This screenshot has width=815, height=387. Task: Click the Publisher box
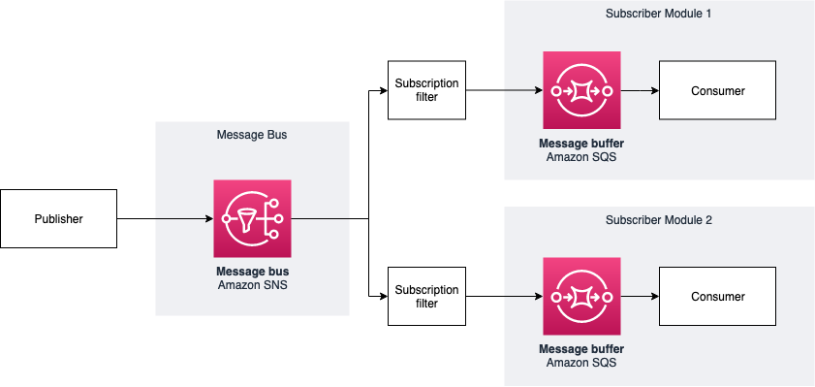tap(58, 218)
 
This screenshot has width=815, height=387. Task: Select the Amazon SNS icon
tap(252, 218)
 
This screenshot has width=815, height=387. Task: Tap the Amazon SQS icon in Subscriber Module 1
tap(581, 91)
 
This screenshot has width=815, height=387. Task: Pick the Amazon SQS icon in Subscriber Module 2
tap(581, 296)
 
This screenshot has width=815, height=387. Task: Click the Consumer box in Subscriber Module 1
tap(717, 91)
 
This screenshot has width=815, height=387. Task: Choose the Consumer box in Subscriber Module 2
tap(717, 296)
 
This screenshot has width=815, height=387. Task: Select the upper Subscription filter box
tap(426, 91)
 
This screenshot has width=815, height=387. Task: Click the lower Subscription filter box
tap(426, 296)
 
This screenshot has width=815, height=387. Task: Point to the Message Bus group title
tap(252, 135)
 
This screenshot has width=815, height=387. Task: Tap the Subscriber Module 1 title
tap(658, 15)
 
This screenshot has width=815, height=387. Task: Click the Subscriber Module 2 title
tap(658, 220)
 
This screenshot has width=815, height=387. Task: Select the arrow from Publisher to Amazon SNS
tap(165, 218)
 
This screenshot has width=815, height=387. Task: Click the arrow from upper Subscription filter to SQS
tap(504, 91)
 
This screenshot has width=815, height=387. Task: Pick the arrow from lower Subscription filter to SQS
tap(504, 296)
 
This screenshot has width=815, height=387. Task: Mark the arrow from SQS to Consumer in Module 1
tap(640, 91)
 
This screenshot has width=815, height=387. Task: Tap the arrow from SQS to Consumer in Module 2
tap(640, 296)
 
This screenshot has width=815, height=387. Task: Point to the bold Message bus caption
tap(252, 270)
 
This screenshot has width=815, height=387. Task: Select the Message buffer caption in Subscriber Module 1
tap(581, 143)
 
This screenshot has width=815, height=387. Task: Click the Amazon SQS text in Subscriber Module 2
tap(581, 362)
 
